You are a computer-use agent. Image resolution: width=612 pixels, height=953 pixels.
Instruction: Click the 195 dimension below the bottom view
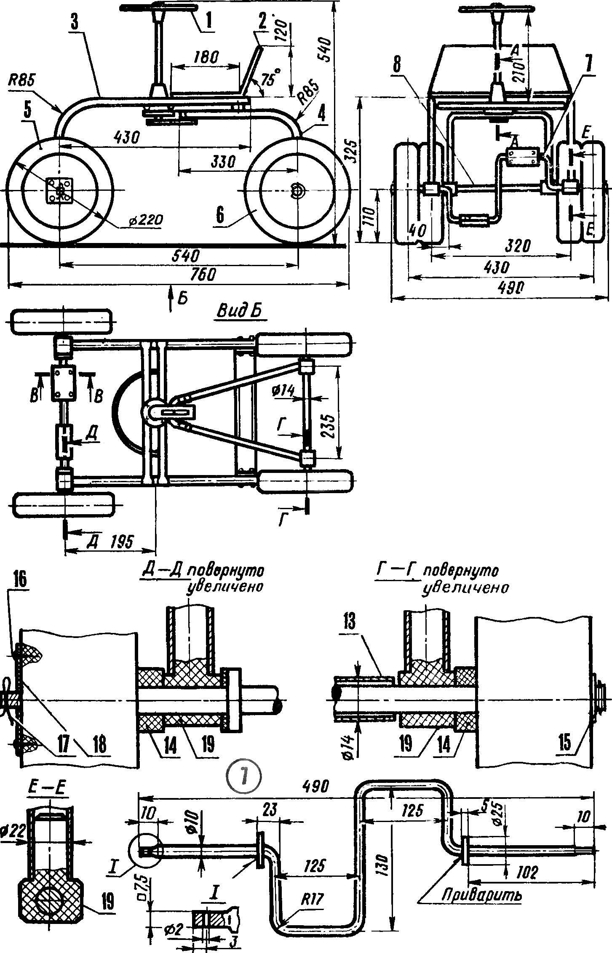(x=123, y=541)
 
